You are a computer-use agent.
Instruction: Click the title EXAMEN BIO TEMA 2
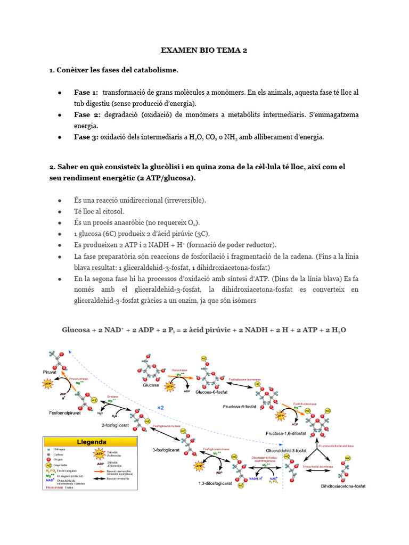204,51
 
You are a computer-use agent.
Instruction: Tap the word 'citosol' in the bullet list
112,211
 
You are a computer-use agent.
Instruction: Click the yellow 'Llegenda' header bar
90,442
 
